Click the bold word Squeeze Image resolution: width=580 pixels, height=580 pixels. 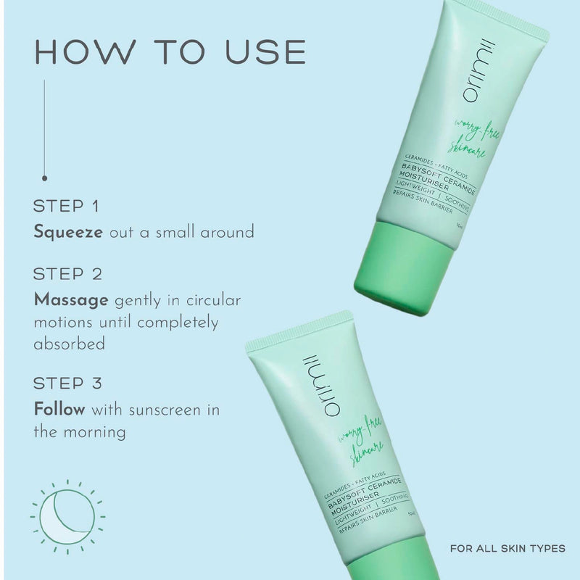click(x=68, y=233)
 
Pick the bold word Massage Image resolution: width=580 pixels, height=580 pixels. click(x=71, y=299)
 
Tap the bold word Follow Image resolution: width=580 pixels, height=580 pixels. click(x=59, y=410)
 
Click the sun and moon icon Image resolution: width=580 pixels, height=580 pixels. click(x=67, y=517)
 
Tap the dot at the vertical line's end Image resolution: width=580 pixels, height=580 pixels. click(x=45, y=177)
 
